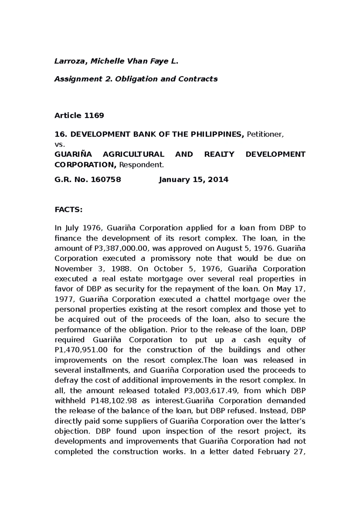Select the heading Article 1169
pos(79,116)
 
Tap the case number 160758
pos(106,180)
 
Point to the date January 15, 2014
pos(193,180)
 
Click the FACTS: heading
pos(68,210)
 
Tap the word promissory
pos(170,259)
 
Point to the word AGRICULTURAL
pos(133,154)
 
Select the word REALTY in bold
pos(219,154)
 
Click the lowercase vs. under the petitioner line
pos(59,144)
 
